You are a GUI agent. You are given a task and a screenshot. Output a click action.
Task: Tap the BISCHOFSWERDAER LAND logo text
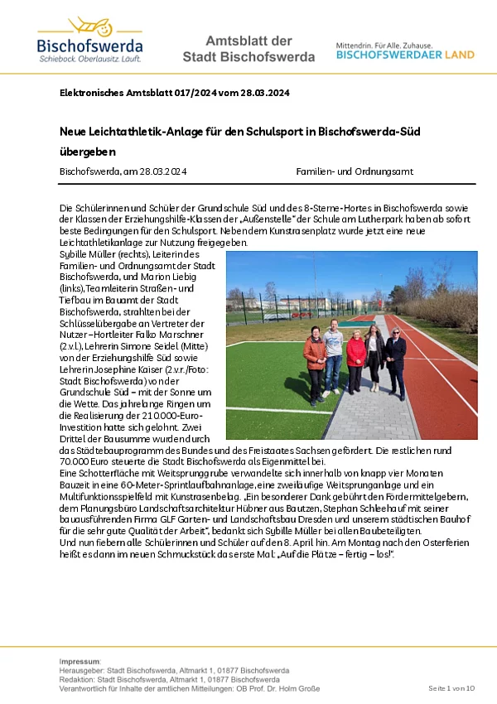[x=405, y=55]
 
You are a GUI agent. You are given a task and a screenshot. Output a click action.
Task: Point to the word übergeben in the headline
[x=87, y=152]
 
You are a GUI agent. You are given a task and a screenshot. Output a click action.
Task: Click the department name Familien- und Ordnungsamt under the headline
[x=355, y=171]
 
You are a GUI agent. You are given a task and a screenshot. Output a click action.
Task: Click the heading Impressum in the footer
[x=80, y=662]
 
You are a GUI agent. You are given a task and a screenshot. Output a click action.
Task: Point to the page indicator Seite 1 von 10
[x=451, y=689]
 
